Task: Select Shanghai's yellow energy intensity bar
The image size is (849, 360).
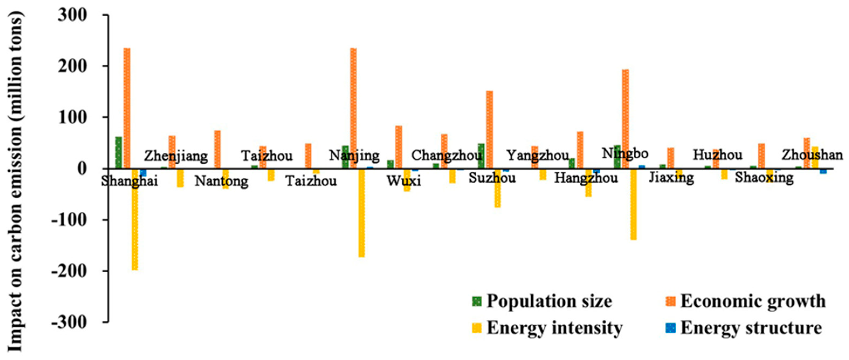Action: [135, 219]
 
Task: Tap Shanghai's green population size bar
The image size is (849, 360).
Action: [119, 152]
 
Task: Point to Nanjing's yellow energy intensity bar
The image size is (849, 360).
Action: [361, 213]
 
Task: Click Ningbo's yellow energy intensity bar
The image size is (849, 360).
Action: [633, 204]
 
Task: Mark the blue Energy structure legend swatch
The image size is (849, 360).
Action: [670, 328]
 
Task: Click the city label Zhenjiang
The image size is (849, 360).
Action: [176, 156]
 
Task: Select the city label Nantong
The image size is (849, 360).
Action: [222, 181]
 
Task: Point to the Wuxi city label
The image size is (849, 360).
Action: [404, 181]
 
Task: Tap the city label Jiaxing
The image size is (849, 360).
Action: [671, 178]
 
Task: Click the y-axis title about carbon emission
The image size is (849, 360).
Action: [15, 181]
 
